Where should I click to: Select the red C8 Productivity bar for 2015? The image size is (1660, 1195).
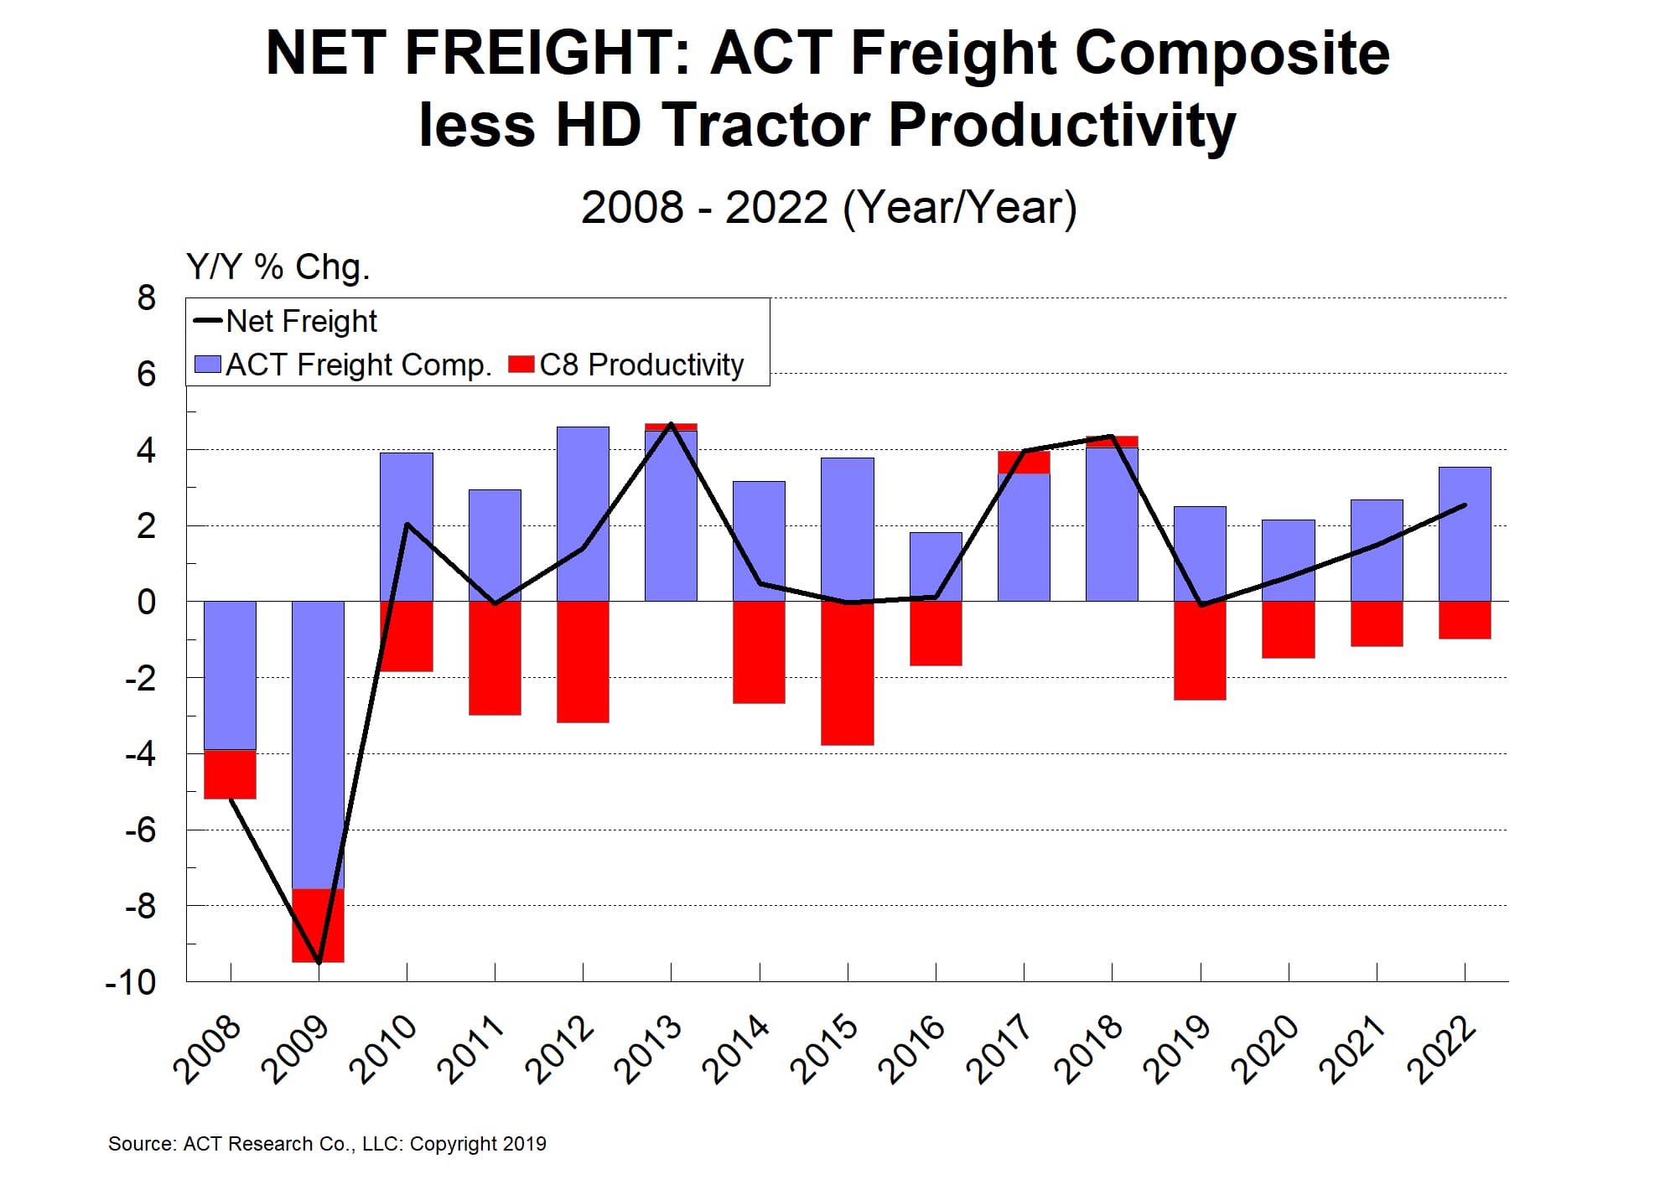(847, 673)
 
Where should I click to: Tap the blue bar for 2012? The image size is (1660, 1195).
(583, 514)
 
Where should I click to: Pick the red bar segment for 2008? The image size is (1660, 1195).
(230, 774)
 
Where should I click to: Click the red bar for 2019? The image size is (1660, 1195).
(1200, 650)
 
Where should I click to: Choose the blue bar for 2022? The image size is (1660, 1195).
(1465, 534)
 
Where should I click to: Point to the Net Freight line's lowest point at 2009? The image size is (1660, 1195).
(319, 961)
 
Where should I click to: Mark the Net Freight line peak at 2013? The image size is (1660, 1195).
(671, 424)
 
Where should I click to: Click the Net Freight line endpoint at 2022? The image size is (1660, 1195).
(1465, 504)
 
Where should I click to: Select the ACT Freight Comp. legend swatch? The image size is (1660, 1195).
(207, 365)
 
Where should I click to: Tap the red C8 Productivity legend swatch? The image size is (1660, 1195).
(521, 365)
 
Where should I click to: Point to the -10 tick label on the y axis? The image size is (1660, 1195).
(131, 982)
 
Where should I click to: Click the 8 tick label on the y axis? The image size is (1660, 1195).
(147, 297)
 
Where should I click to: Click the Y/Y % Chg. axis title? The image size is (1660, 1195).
(278, 266)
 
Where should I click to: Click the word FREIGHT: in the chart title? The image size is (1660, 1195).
(547, 54)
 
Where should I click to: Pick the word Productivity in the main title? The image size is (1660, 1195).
(1061, 126)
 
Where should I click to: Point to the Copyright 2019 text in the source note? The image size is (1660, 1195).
(478, 1144)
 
